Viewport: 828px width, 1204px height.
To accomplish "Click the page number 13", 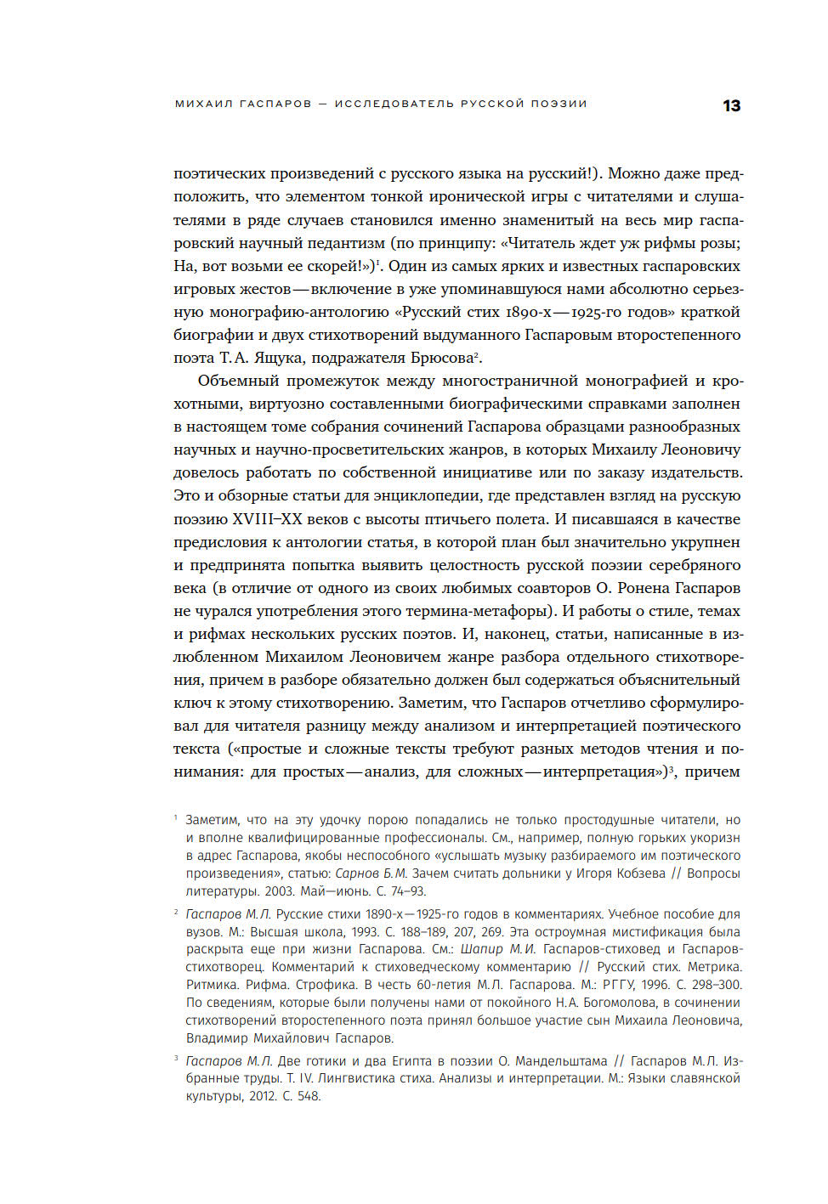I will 731,105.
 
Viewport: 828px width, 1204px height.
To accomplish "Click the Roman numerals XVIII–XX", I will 267,519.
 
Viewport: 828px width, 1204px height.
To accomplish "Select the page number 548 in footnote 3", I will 309,1096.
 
